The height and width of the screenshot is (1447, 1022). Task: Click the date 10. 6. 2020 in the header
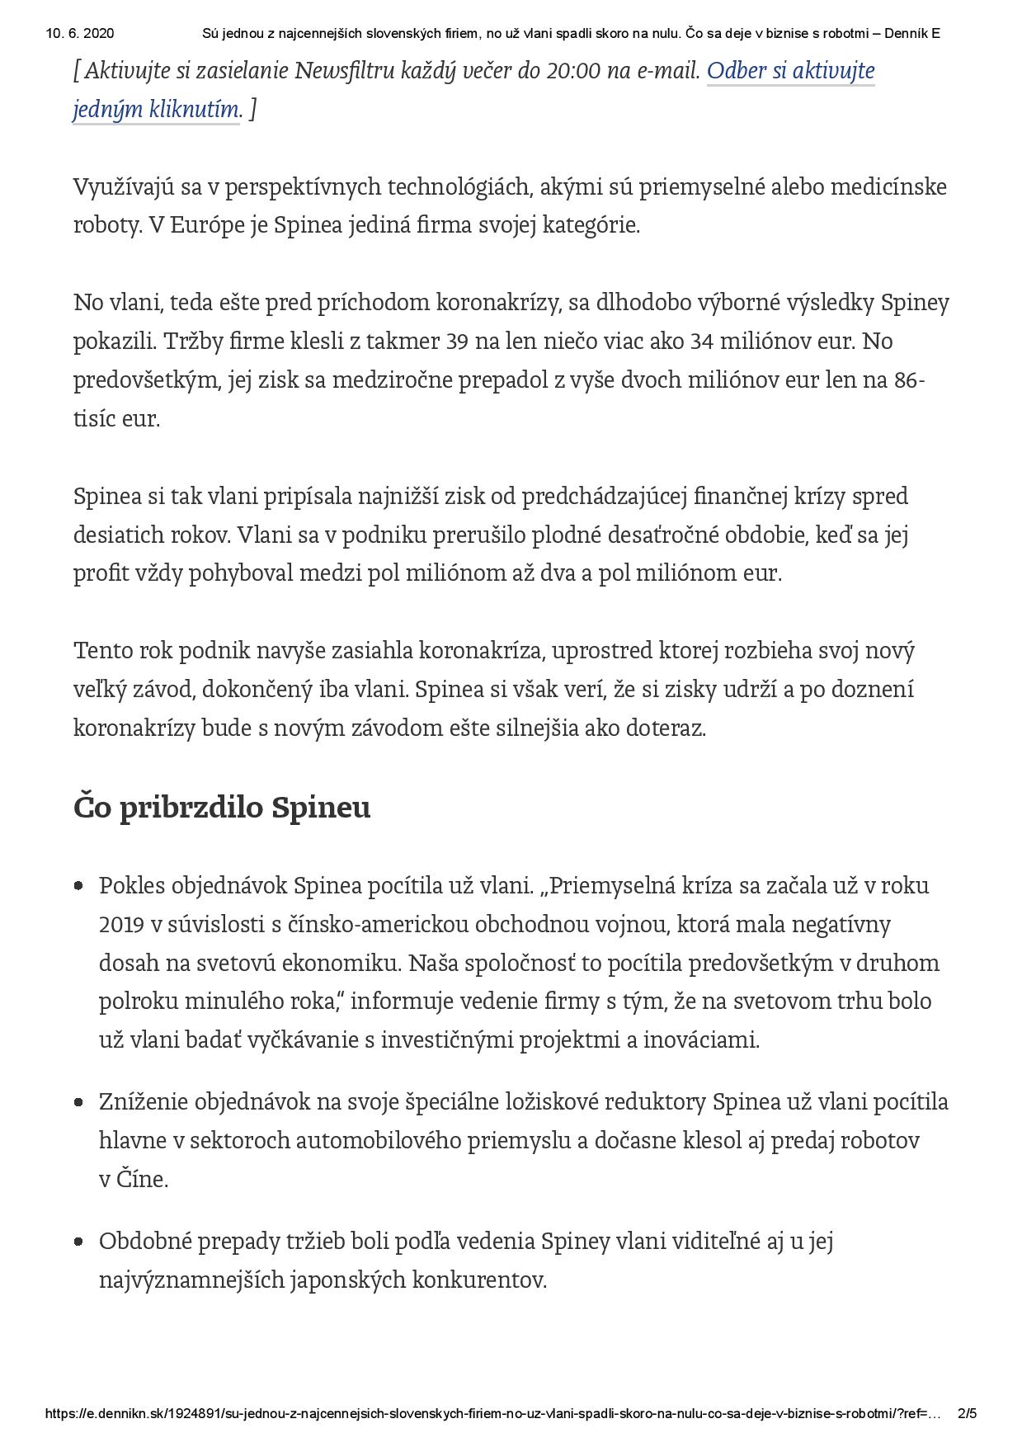[80, 34]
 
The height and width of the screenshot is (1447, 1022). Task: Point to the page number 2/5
[968, 1413]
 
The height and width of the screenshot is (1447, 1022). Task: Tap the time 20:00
[573, 72]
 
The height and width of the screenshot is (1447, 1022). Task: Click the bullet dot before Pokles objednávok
[79, 887]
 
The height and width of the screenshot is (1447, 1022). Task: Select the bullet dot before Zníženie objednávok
[79, 1103]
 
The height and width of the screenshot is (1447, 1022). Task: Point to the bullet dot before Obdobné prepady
[79, 1242]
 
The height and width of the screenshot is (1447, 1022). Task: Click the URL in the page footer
[493, 1413]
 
